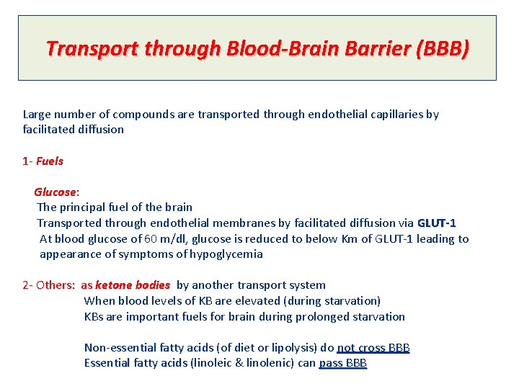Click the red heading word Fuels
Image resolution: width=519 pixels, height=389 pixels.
tap(50, 161)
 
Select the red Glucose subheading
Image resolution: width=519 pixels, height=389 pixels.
tap(55, 192)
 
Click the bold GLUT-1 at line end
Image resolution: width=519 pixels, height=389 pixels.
tap(437, 223)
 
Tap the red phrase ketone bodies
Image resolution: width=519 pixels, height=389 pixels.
tap(133, 285)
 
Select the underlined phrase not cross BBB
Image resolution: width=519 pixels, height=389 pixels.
tap(373, 348)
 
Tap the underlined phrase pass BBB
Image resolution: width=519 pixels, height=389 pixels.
tap(343, 364)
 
